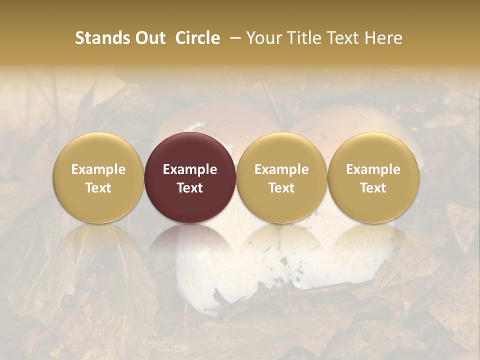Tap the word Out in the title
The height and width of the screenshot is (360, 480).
click(149, 38)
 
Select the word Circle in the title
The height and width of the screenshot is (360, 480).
click(197, 38)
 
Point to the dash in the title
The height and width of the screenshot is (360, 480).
click(233, 38)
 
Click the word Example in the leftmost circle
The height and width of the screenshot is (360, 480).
click(98, 169)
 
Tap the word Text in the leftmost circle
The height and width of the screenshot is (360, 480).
click(98, 188)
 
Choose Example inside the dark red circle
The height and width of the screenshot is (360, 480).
click(190, 169)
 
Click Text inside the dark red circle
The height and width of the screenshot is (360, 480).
click(190, 188)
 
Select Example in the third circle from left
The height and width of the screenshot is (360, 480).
click(281, 169)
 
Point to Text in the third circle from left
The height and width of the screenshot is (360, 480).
click(281, 188)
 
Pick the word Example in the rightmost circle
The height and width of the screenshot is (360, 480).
click(373, 169)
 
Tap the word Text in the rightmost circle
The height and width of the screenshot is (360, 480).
click(373, 188)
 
